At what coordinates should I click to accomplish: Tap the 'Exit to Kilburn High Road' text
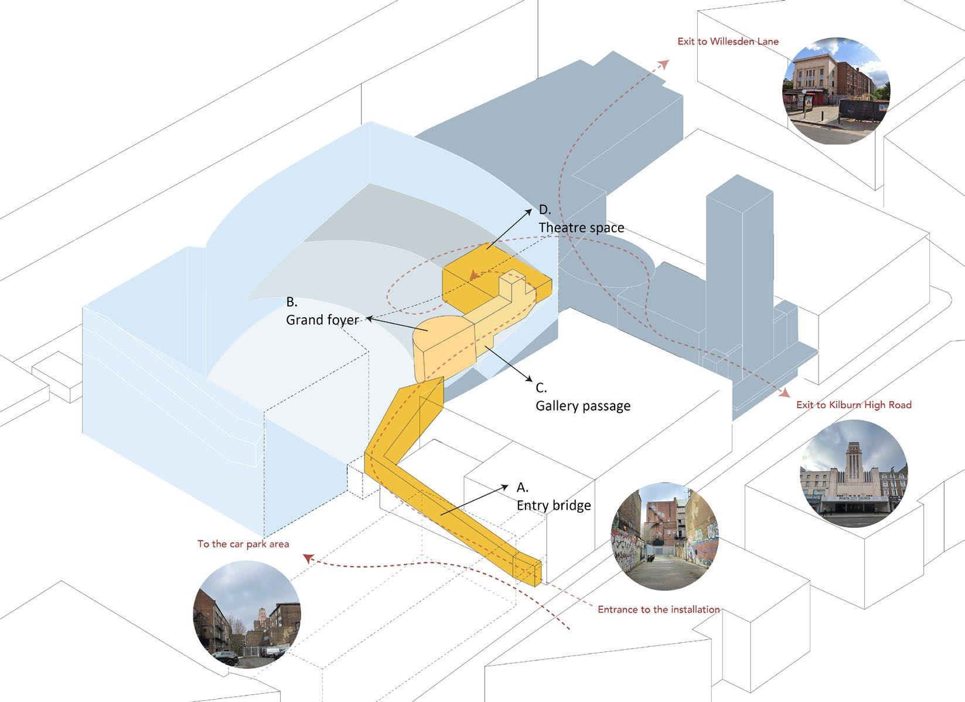point(854,405)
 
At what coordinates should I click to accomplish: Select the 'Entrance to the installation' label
point(659,609)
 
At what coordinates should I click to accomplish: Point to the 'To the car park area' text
point(243,544)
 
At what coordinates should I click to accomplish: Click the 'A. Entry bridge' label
point(553,497)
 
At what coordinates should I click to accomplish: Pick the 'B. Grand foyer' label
point(322,311)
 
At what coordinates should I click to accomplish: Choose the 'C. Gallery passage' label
point(582,397)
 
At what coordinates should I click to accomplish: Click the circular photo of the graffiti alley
point(665,537)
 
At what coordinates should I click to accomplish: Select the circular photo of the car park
point(247,614)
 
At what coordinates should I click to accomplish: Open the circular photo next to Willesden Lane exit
point(836,88)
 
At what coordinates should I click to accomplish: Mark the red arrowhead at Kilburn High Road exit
point(784,392)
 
